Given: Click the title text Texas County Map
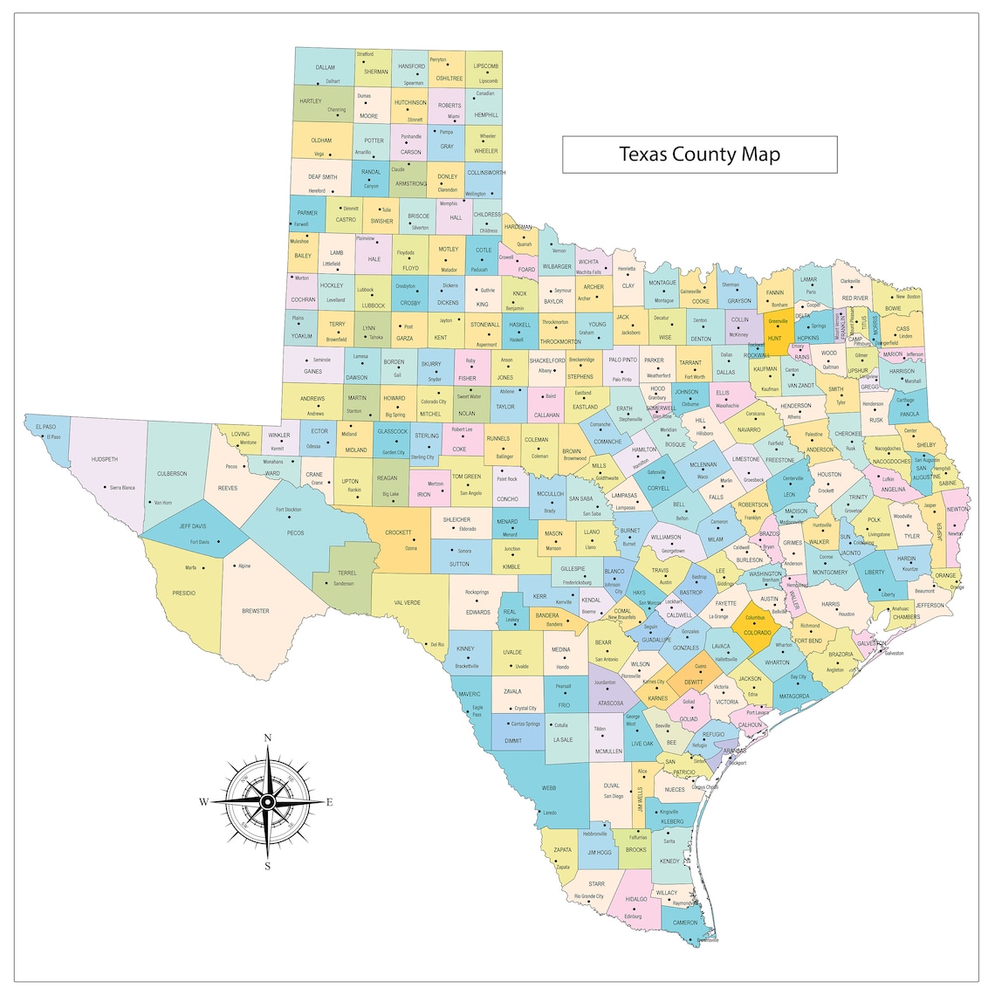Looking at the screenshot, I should tap(699, 154).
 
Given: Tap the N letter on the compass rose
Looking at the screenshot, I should tap(267, 738).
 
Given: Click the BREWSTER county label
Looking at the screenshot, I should tap(256, 611).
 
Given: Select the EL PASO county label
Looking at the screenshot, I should tap(46, 428).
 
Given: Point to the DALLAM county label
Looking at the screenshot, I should tap(325, 67).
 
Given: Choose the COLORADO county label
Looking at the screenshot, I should tap(757, 633).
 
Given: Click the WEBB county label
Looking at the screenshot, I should tap(549, 787).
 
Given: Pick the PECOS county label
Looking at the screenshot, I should tap(295, 532).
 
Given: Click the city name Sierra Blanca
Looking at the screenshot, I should tap(122, 488).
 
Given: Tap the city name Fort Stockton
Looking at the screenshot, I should tap(288, 510).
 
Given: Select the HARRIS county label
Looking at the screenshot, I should tap(830, 604).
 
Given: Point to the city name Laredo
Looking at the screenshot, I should tap(550, 813).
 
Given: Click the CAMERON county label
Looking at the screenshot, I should tap(685, 922).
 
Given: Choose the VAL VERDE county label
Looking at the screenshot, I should tap(408, 602).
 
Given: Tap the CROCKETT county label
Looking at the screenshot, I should tap(398, 532).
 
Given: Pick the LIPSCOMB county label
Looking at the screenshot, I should tap(486, 66).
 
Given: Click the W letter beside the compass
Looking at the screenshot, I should tap(203, 801).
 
